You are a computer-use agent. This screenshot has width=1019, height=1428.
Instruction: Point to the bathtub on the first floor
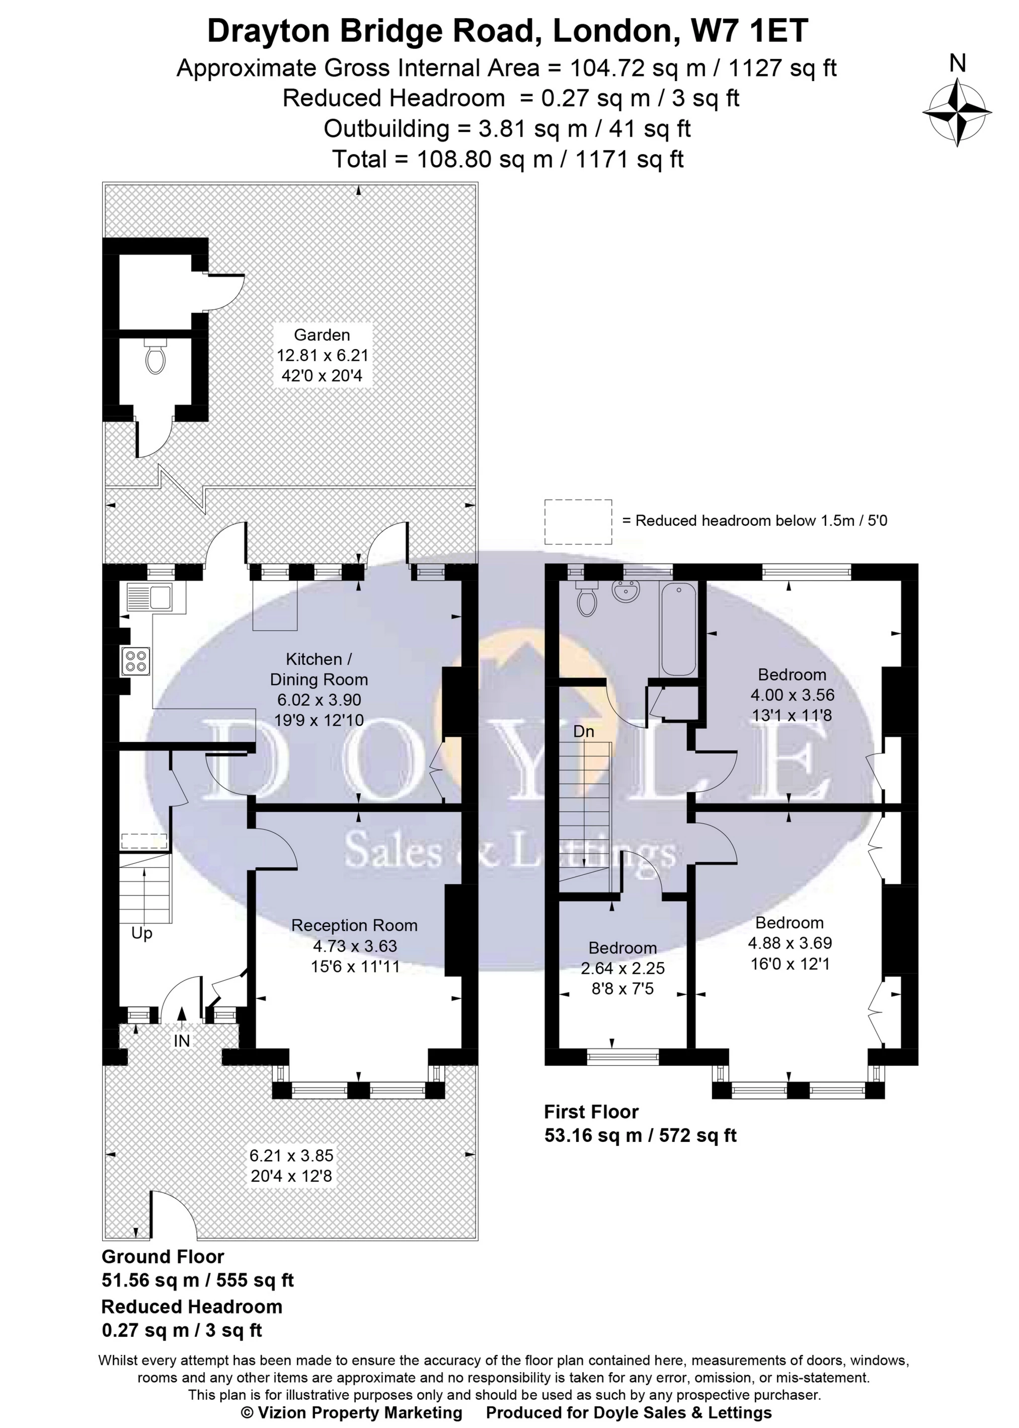(x=678, y=629)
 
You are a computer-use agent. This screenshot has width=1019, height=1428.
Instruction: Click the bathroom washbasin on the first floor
(x=625, y=591)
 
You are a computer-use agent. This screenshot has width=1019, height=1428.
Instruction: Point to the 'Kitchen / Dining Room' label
(x=319, y=669)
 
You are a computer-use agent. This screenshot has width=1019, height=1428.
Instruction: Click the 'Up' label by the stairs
(x=142, y=933)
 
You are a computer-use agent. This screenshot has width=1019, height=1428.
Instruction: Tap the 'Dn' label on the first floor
(x=584, y=731)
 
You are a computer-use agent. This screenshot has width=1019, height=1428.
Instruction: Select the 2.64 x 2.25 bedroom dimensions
(x=622, y=968)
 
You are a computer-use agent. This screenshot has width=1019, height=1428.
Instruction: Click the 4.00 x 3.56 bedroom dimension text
(x=792, y=695)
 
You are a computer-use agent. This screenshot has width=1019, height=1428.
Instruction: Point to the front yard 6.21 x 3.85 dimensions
(x=291, y=1155)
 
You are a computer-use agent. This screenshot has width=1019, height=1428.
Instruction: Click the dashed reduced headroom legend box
(x=577, y=521)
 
